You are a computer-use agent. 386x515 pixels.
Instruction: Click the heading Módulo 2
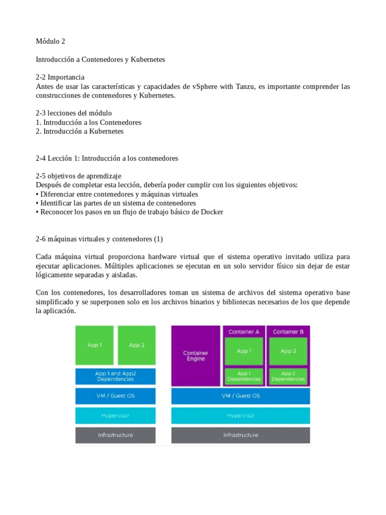click(51, 41)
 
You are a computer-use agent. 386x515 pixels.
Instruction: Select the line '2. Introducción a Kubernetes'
click(79, 131)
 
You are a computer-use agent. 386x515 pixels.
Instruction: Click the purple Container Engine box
click(196, 356)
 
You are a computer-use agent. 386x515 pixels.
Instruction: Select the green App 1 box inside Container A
click(244, 351)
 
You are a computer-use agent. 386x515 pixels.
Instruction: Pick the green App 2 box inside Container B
click(288, 351)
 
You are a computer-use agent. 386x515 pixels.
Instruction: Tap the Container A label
click(244, 332)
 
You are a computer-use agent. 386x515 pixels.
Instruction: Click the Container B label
click(288, 332)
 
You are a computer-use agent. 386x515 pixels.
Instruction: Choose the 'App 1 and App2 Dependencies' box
click(116, 376)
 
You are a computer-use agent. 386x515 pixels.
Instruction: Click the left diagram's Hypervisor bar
click(116, 415)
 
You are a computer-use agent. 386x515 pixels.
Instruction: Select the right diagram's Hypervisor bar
click(241, 415)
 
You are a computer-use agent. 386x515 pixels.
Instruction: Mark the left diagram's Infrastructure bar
click(116, 435)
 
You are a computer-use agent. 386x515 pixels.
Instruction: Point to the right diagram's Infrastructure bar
click(241, 435)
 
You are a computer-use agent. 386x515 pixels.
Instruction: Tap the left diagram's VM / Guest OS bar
click(116, 396)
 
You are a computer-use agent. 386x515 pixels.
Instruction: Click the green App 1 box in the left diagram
click(94, 345)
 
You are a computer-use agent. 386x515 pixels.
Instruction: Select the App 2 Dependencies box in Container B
click(288, 376)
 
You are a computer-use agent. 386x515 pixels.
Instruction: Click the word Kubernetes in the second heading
click(148, 59)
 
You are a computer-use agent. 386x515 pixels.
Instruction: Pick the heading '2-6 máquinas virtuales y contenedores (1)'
click(100, 238)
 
